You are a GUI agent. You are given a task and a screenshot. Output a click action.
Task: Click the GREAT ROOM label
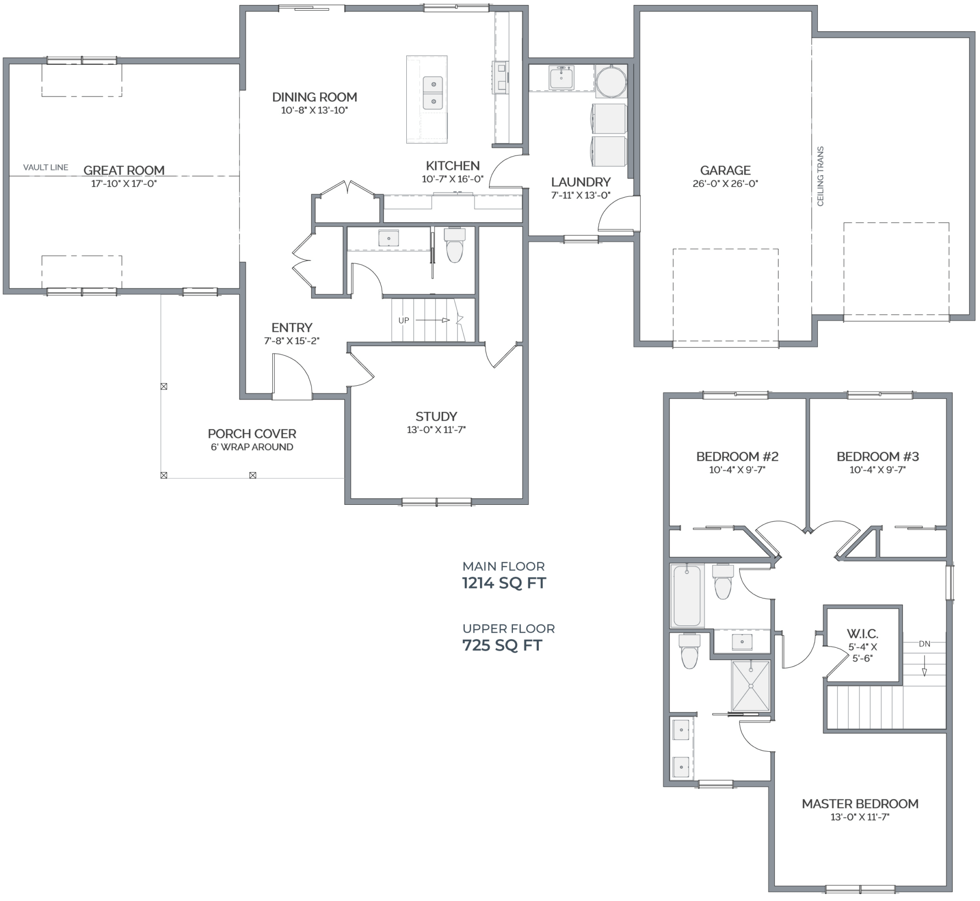click(x=124, y=171)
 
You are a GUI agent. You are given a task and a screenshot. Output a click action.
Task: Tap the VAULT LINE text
click(x=46, y=167)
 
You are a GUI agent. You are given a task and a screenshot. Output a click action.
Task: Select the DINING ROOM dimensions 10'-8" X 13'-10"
click(x=314, y=111)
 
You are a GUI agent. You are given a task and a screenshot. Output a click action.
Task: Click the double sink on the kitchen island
click(x=433, y=92)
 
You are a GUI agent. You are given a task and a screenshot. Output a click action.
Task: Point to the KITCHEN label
click(x=453, y=166)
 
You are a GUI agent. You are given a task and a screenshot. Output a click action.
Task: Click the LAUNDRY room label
click(x=581, y=182)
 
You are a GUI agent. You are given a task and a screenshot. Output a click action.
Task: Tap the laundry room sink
click(x=561, y=78)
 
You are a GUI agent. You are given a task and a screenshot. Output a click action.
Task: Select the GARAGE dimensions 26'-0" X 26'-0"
click(x=725, y=184)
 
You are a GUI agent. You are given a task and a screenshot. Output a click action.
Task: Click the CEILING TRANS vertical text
click(x=820, y=176)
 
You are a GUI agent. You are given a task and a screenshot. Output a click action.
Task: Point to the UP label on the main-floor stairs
click(x=404, y=320)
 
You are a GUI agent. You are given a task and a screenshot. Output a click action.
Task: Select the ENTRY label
click(x=291, y=328)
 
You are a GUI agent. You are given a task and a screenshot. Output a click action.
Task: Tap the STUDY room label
click(x=436, y=416)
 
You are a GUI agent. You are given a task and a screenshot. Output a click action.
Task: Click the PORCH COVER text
click(x=252, y=434)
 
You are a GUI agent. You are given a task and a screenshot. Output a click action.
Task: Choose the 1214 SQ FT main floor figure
click(x=504, y=583)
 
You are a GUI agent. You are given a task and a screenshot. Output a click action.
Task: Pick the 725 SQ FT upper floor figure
click(x=502, y=645)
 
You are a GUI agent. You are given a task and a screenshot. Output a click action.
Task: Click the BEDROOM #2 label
click(x=737, y=457)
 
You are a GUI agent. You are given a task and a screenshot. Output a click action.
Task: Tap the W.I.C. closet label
click(x=862, y=634)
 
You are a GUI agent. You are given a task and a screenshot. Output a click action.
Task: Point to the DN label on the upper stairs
click(x=924, y=644)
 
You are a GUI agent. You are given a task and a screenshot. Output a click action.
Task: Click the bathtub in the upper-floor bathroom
click(x=687, y=595)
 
